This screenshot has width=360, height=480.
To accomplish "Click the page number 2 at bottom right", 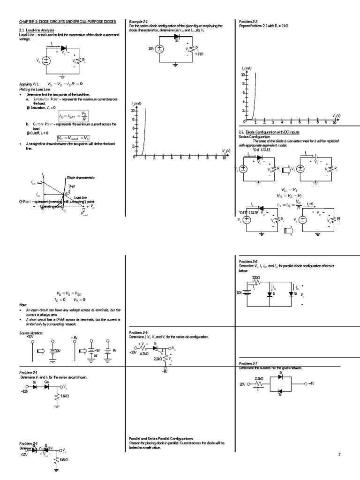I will click(x=339, y=455).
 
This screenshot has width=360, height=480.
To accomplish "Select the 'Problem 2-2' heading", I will click(x=248, y=22).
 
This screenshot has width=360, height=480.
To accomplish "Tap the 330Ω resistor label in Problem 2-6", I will click(x=256, y=278).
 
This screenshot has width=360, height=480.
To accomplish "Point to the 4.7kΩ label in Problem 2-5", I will click(x=144, y=354).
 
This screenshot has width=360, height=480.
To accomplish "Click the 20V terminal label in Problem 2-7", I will click(x=242, y=383).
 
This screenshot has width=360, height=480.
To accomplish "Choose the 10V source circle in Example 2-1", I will click(x=159, y=48).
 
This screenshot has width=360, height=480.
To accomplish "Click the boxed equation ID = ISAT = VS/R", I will click(x=73, y=116).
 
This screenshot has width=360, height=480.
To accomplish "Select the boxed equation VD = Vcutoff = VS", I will click(x=73, y=138).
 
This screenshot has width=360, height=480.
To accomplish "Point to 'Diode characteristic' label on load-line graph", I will click(x=81, y=178).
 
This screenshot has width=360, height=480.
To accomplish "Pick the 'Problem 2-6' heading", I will click(x=248, y=261).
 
